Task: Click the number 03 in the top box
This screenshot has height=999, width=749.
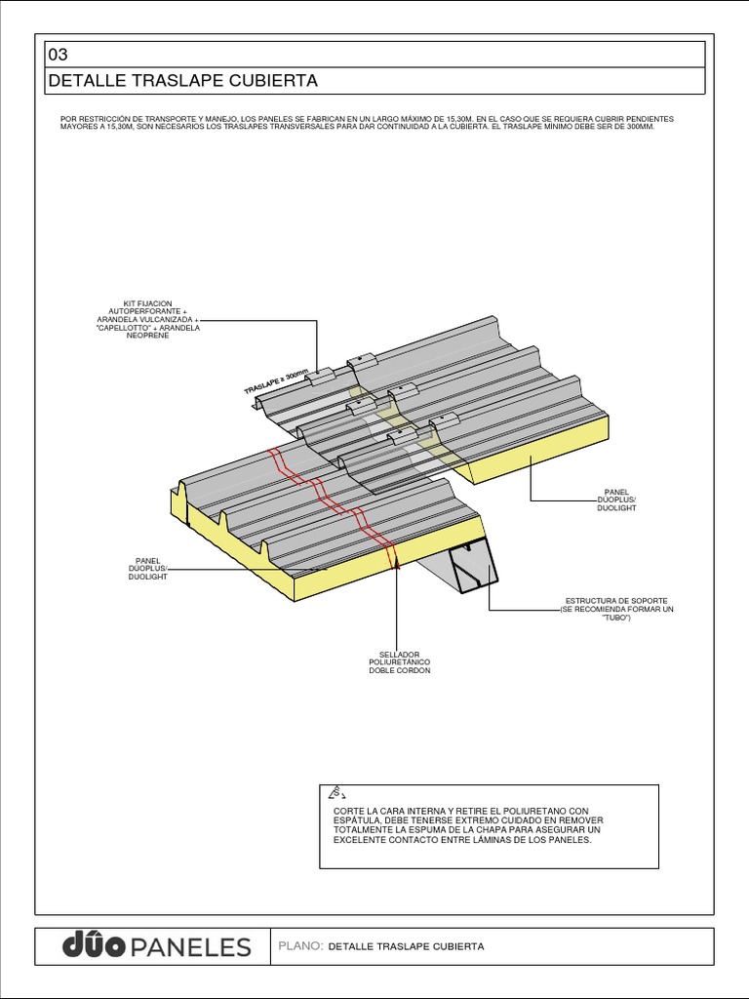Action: point(59,55)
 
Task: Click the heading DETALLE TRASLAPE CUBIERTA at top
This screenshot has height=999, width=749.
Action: point(182,81)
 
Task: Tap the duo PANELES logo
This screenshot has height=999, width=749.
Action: point(156,945)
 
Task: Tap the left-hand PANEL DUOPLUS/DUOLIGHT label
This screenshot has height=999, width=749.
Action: point(148,569)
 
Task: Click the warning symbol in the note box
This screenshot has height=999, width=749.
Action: point(338,792)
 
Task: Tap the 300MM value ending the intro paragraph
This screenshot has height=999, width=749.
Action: point(634,127)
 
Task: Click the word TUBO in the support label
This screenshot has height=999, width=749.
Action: point(615,619)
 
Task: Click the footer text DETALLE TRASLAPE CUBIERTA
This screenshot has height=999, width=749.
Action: point(407,946)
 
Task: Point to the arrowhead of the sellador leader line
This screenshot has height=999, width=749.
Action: point(397,565)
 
